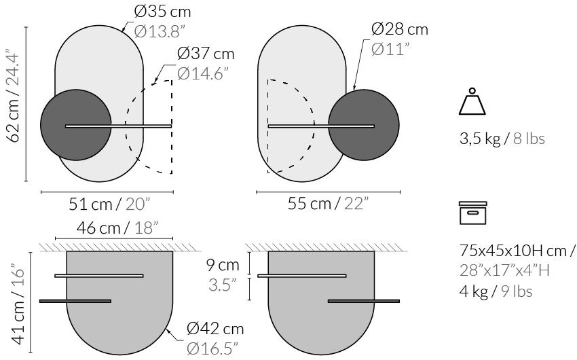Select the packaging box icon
(472, 213)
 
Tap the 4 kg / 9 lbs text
(494, 291)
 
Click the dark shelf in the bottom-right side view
(363, 300)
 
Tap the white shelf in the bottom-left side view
(98, 276)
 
